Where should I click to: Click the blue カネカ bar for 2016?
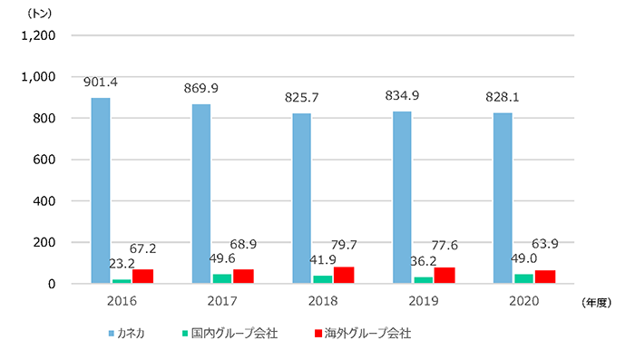point(101,190)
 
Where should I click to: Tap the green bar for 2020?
point(523,278)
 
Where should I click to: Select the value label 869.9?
point(201,89)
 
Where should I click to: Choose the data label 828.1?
point(503,98)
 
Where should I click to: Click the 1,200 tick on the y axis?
point(38,36)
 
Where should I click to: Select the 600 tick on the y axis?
point(45,160)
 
